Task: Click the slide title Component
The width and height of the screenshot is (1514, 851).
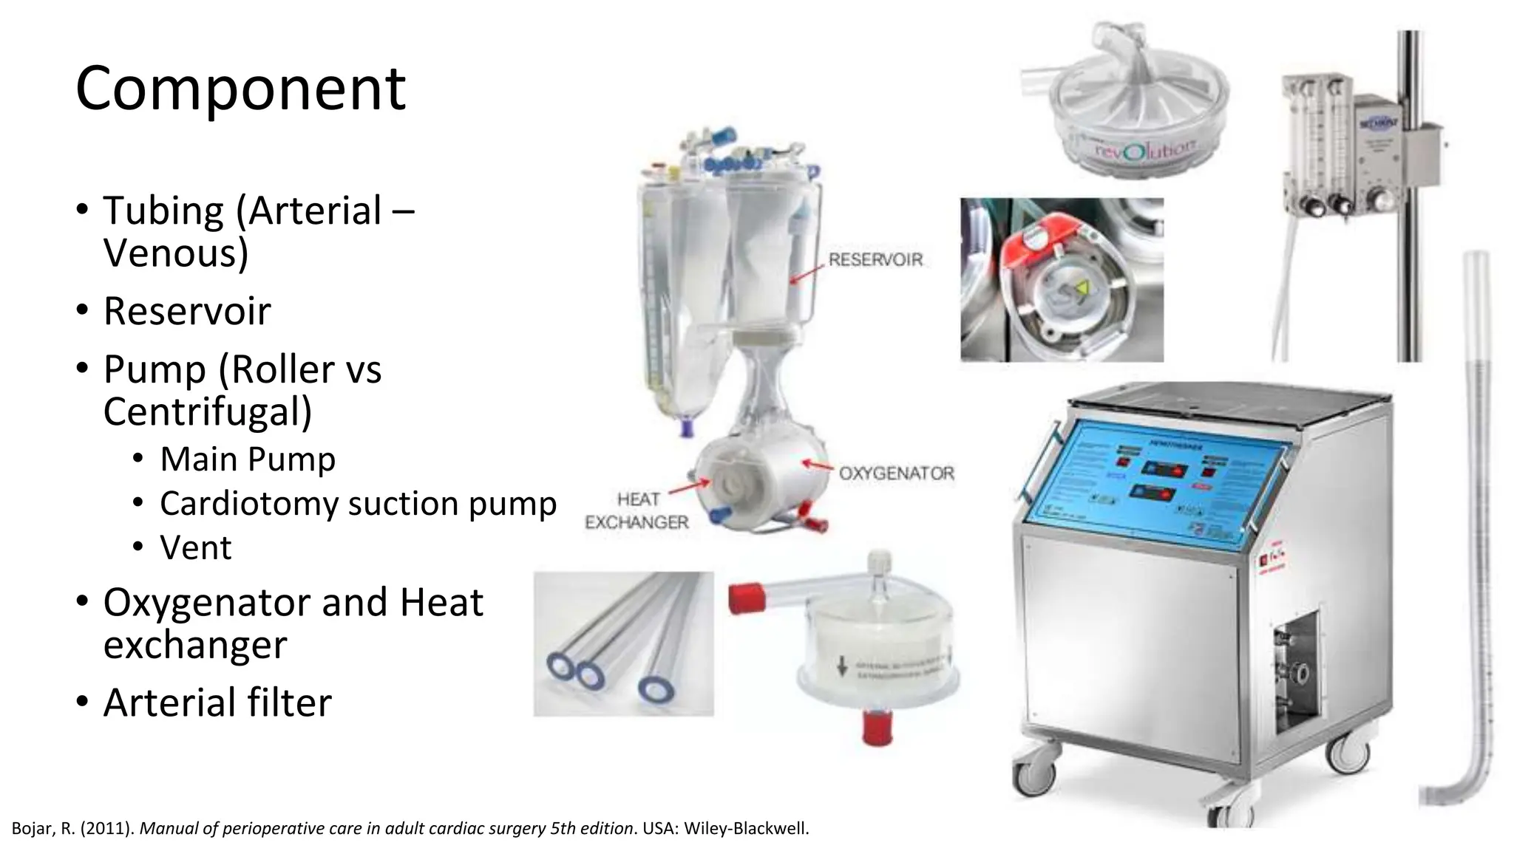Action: point(240,89)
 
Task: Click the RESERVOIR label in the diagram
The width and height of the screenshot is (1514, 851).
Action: point(875,259)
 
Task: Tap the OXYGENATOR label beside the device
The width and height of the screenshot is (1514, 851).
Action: point(896,473)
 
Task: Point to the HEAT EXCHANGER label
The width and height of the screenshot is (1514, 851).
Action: point(637,510)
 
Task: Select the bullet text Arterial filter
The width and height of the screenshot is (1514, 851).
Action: point(217,702)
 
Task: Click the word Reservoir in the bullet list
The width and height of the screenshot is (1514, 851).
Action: point(187,310)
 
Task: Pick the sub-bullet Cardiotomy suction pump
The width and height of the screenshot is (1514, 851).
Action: point(358,503)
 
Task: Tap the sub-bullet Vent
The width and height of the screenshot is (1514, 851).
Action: point(195,547)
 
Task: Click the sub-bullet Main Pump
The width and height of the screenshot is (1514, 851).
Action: point(248,459)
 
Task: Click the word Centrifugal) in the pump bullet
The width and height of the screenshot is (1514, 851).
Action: point(207,411)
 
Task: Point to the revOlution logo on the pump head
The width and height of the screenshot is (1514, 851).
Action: point(1144,150)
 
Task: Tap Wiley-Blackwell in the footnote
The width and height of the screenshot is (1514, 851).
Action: point(746,828)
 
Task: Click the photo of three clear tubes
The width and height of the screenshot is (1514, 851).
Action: point(623,643)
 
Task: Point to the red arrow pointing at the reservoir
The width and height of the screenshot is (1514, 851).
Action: point(806,273)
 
